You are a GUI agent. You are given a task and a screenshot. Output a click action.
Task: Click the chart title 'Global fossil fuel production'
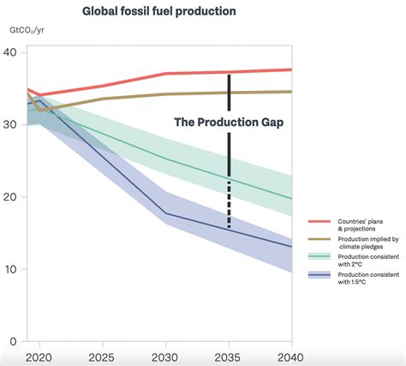point(158,12)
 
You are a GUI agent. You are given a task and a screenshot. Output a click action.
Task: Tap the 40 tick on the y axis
point(10,53)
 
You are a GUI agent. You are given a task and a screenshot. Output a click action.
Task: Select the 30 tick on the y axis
point(10,125)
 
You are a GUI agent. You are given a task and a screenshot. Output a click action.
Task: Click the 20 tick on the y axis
point(10,197)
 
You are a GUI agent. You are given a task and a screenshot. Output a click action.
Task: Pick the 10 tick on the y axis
point(10,269)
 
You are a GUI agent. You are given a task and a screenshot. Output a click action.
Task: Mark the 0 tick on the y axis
point(13,341)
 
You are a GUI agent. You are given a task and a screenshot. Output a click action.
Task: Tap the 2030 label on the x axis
point(165,357)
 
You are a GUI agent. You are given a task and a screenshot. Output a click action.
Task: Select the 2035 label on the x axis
point(229,357)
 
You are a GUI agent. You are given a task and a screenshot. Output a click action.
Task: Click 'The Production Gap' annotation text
point(229,122)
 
